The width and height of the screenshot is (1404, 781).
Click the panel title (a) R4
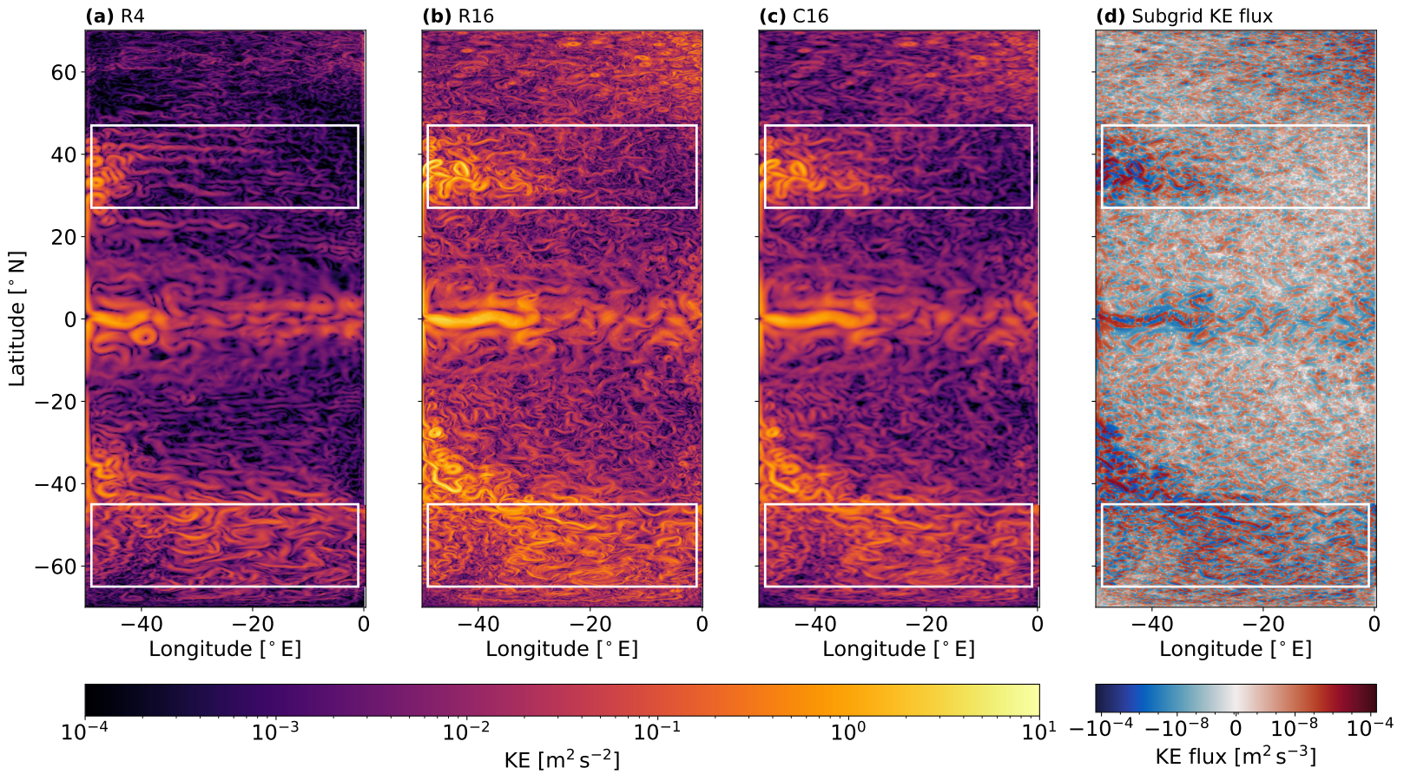point(115,16)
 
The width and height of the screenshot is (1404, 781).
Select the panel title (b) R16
point(458,16)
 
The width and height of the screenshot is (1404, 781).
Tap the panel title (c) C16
point(793,16)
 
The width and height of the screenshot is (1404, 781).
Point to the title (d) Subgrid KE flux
point(1184,16)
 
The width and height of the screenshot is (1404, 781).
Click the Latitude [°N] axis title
point(17,318)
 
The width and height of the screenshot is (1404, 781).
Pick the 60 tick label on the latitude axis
point(63,72)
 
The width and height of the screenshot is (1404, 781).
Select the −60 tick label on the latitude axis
point(54,567)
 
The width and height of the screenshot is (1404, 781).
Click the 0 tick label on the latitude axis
point(70,319)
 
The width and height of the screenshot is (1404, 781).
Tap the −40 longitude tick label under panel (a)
point(140,624)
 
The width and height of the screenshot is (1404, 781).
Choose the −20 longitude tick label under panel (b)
point(590,624)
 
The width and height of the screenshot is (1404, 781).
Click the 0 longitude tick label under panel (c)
point(1038,624)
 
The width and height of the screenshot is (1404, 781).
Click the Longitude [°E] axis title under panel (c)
point(899,649)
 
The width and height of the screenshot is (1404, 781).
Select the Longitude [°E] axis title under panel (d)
point(1236,649)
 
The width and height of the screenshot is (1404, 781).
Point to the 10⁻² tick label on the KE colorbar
point(466,732)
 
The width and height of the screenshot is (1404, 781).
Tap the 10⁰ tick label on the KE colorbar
point(848,732)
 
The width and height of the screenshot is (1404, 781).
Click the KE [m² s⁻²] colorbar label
point(562,760)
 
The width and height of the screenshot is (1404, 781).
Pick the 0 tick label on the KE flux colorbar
point(1236,729)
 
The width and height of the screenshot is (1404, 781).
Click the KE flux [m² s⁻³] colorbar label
point(1236,757)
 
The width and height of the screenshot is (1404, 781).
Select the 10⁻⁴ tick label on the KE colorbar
point(85,732)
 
